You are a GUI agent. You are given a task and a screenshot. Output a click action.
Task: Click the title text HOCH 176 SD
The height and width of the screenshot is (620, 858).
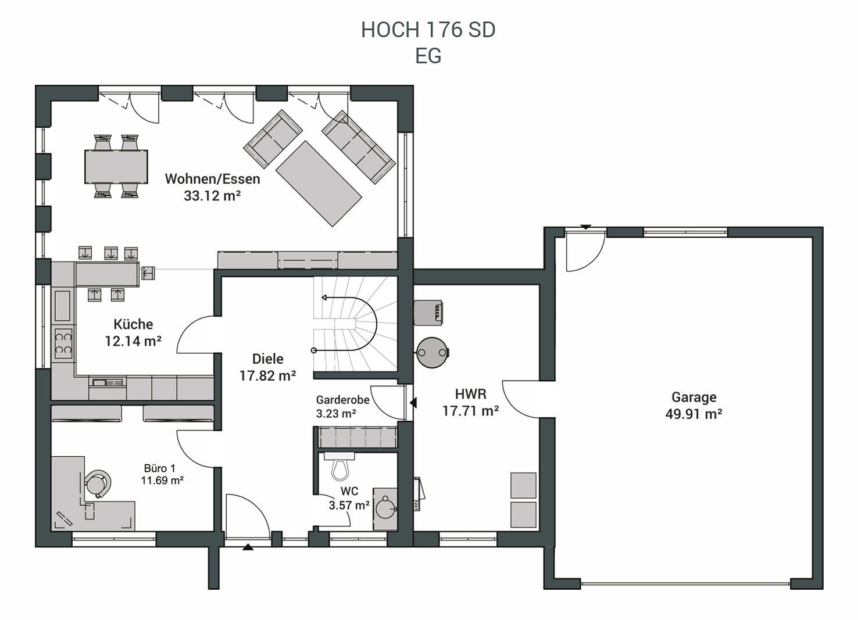pyautogui.click(x=428, y=30)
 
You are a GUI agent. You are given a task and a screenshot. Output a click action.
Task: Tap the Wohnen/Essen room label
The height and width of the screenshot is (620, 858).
pyautogui.click(x=213, y=179)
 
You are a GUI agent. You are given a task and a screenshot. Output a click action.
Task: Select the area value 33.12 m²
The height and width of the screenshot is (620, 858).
pyautogui.click(x=212, y=196)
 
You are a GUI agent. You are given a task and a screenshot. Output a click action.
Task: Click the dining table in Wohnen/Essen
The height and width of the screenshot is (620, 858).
pyautogui.click(x=116, y=167)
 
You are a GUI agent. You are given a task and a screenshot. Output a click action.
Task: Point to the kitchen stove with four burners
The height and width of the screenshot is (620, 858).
pyautogui.click(x=63, y=343)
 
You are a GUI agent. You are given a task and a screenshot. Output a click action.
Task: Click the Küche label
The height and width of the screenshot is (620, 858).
pyautogui.click(x=133, y=324)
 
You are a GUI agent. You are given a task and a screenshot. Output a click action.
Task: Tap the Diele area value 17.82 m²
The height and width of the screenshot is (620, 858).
pyautogui.click(x=268, y=376)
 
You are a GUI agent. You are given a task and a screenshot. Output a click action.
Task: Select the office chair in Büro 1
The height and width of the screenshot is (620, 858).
pyautogui.click(x=98, y=483)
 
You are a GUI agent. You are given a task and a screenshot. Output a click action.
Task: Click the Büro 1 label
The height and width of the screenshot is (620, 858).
pyautogui.click(x=160, y=468)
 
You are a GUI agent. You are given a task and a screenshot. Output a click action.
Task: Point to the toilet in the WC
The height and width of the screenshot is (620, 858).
pyautogui.click(x=339, y=467)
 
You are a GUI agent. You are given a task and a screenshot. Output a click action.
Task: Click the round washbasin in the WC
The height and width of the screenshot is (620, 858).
pyautogui.click(x=385, y=508)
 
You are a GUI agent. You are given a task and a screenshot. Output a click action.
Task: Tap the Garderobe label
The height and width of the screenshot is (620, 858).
pyautogui.click(x=342, y=400)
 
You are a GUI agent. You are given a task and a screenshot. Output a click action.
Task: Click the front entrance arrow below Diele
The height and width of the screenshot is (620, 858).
pyautogui.click(x=248, y=547)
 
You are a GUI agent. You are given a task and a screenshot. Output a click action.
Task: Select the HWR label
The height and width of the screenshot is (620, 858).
pyautogui.click(x=471, y=394)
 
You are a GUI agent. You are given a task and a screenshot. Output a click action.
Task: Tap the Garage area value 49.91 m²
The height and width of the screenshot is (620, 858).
pyautogui.click(x=693, y=414)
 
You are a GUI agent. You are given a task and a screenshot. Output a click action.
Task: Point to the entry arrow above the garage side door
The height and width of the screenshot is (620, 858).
pyautogui.click(x=586, y=227)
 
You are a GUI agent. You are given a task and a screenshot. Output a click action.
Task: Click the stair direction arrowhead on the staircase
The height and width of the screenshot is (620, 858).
pyautogui.click(x=324, y=298)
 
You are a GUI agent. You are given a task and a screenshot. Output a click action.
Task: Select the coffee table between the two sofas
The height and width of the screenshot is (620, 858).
pyautogui.click(x=319, y=184)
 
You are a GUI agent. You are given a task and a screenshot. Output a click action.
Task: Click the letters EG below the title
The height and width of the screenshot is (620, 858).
pyautogui.click(x=428, y=56)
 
